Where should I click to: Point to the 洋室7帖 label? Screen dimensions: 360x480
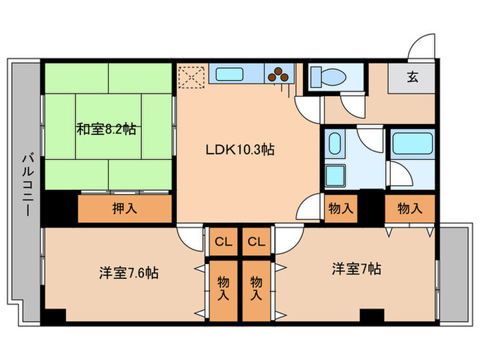pyautogui.click(x=357, y=269)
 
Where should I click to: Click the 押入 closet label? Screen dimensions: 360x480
pyautogui.click(x=124, y=208)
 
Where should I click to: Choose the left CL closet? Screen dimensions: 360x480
pyautogui.click(x=223, y=241)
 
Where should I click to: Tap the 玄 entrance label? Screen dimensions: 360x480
pyautogui.click(x=413, y=77)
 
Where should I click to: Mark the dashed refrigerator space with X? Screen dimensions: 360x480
pyautogui.click(x=191, y=76)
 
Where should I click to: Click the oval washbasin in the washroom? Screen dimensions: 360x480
pyautogui.click(x=335, y=145)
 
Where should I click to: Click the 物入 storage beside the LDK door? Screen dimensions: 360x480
pyautogui.click(x=340, y=208)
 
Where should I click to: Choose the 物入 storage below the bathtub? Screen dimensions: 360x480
pyautogui.click(x=409, y=208)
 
